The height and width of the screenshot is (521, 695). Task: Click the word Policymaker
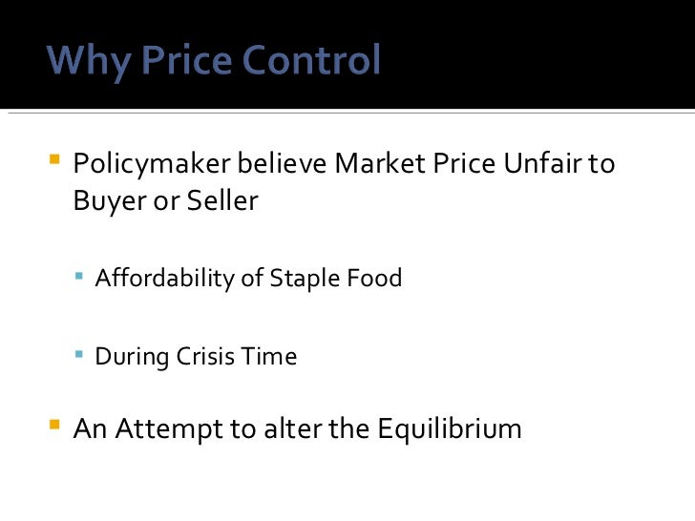(x=152, y=165)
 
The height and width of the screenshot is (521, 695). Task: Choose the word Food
(x=376, y=278)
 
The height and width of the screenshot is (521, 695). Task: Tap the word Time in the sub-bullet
(x=273, y=357)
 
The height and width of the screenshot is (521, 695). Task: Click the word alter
(x=292, y=428)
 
